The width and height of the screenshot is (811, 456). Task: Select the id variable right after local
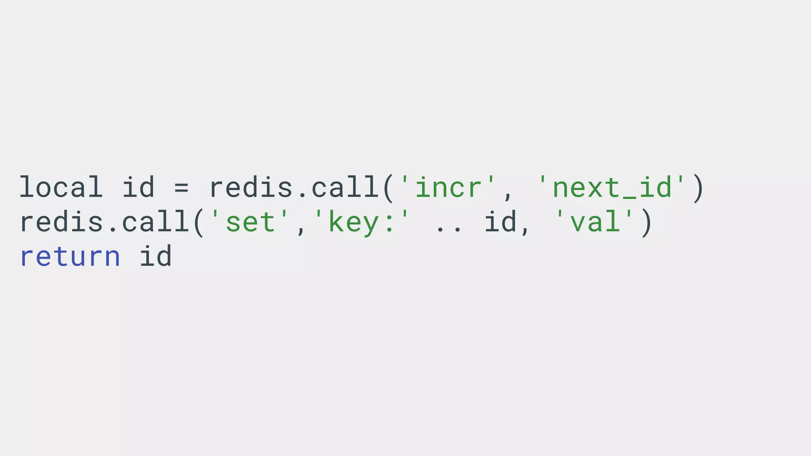(138, 187)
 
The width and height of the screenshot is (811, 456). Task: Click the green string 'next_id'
(611, 187)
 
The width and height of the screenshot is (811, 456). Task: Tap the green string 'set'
(250, 222)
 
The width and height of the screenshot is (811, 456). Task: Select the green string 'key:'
(362, 222)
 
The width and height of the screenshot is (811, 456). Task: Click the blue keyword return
(70, 256)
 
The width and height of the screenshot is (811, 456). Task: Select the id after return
(156, 256)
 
